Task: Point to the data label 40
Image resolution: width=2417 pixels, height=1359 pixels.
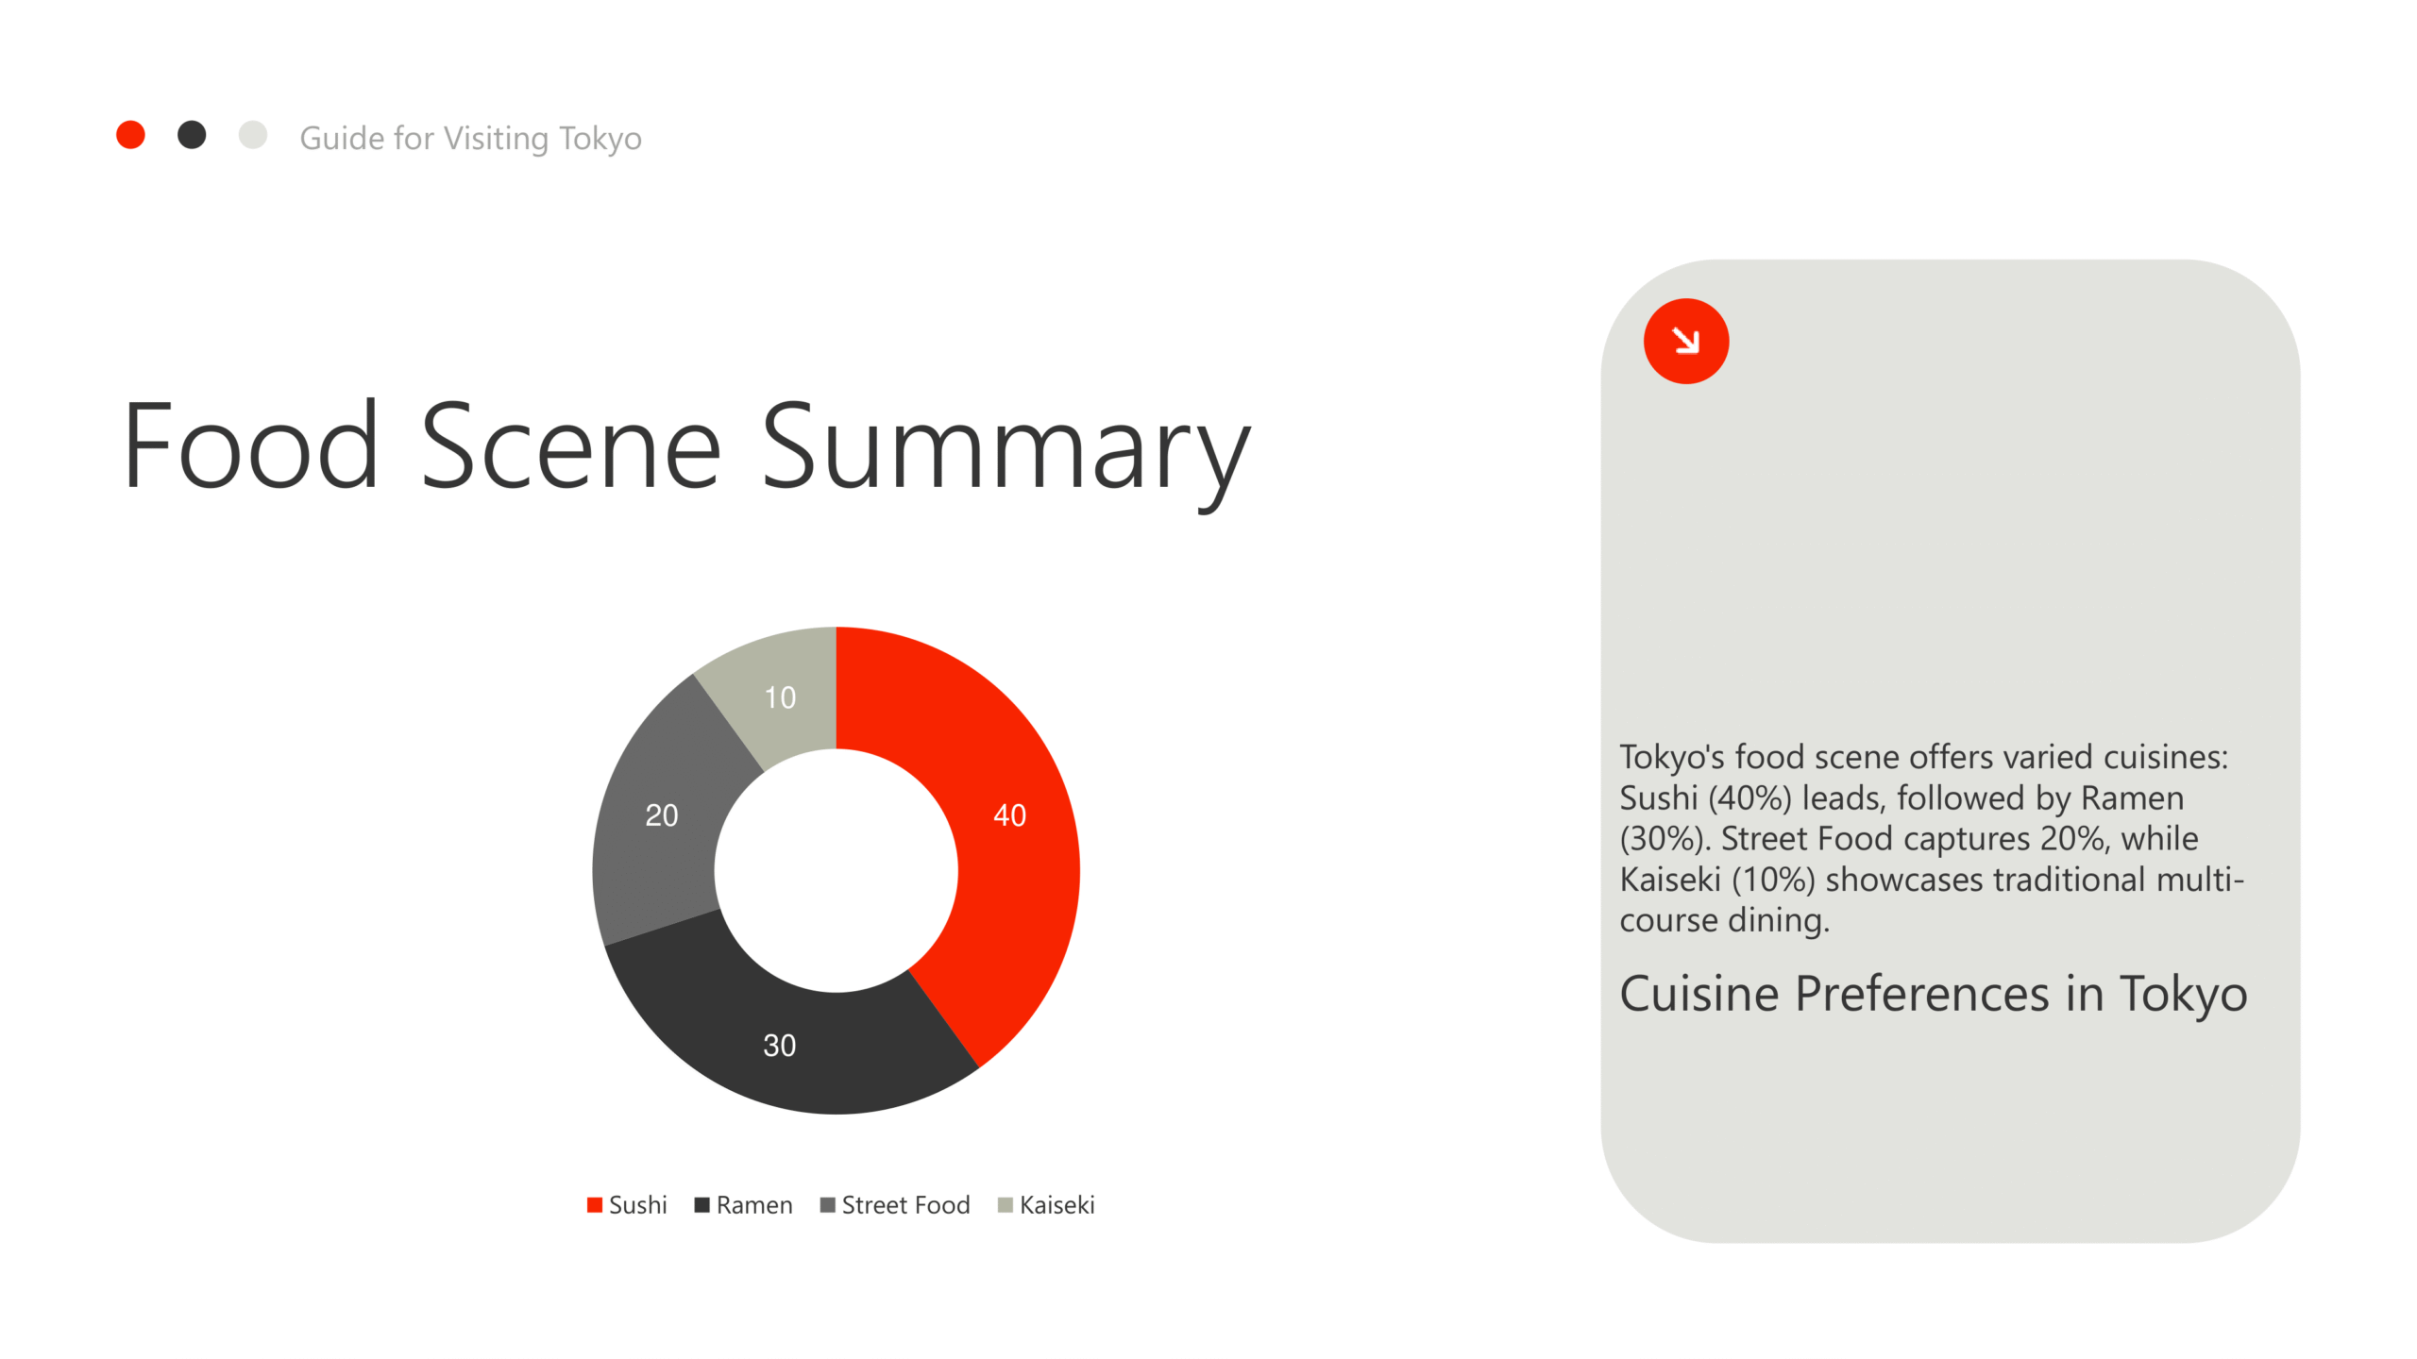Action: point(1009,815)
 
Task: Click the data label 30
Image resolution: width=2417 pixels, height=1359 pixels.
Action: point(779,1046)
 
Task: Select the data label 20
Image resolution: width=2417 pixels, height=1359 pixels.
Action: point(661,815)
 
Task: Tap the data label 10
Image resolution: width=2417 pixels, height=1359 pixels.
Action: point(780,697)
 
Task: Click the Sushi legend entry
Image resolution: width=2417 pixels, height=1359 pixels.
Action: point(627,1205)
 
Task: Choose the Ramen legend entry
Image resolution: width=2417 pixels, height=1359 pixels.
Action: point(743,1205)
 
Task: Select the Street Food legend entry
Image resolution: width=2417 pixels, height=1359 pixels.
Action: point(895,1205)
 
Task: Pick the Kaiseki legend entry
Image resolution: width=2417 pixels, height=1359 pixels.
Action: point(1046,1205)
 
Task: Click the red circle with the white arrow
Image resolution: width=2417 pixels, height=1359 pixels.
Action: point(1686,341)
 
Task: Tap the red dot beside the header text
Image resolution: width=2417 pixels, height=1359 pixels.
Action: point(130,135)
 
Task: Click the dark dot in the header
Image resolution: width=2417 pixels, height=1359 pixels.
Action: point(192,135)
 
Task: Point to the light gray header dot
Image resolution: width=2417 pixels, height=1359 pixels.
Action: point(253,135)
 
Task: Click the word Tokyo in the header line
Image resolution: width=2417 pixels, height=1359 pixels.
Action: point(600,140)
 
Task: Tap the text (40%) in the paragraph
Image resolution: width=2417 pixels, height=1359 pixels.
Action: point(1749,798)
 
